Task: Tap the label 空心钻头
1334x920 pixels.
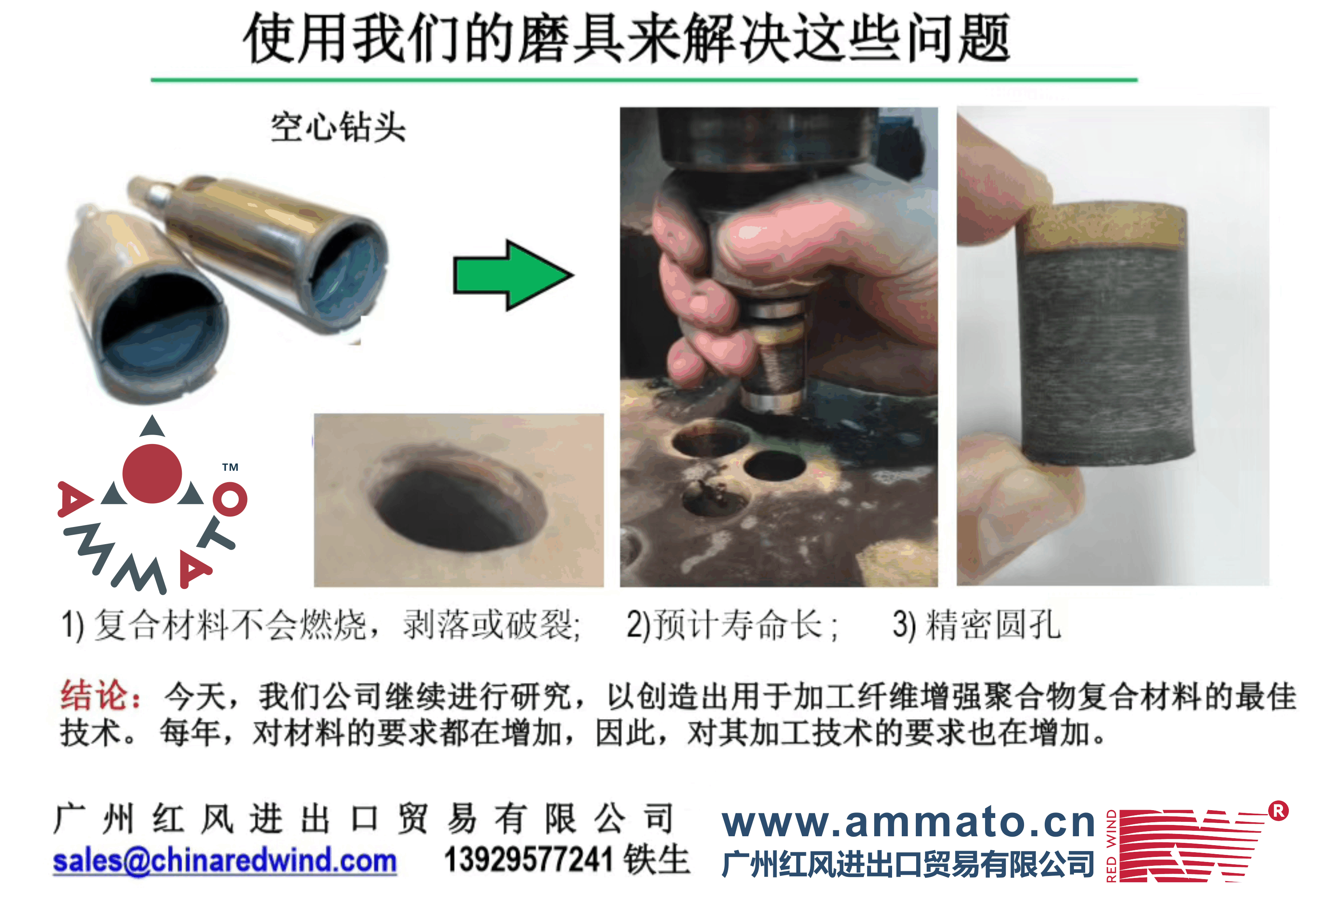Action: pos(338,127)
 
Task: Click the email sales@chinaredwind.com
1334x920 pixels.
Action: pos(225,861)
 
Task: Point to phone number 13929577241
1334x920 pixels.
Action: pos(528,860)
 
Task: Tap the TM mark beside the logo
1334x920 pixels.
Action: pos(230,467)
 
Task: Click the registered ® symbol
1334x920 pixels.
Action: pos(1278,811)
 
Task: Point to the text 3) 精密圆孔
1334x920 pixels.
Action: pos(977,625)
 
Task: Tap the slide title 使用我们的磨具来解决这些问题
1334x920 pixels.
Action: pos(627,38)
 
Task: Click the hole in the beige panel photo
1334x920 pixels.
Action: pos(457,499)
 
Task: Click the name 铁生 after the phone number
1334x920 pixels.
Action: pos(657,860)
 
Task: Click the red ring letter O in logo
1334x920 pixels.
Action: pos(230,499)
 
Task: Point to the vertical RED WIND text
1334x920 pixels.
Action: pos(1110,846)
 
